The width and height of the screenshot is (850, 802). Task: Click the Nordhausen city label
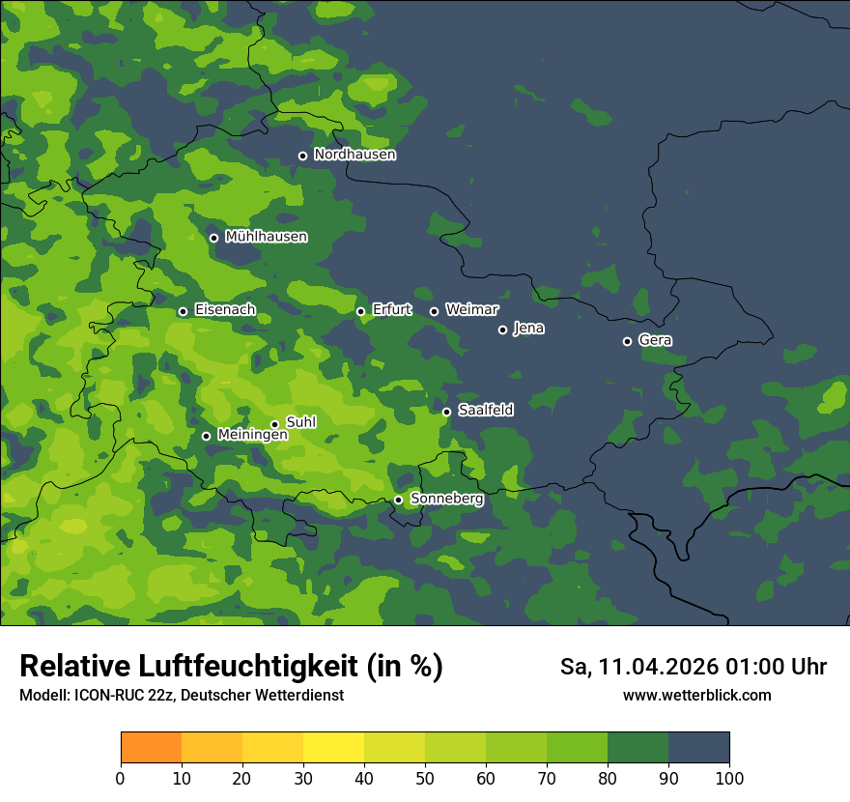pyautogui.click(x=354, y=155)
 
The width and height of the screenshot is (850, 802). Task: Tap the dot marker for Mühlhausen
pyautogui.click(x=213, y=238)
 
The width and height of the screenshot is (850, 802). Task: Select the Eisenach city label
pyautogui.click(x=225, y=310)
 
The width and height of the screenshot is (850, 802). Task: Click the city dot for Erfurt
pyautogui.click(x=360, y=311)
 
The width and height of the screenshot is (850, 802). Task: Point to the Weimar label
pyautogui.click(x=471, y=310)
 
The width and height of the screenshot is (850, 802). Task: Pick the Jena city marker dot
pyautogui.click(x=502, y=329)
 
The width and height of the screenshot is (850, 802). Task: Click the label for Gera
pyautogui.click(x=655, y=340)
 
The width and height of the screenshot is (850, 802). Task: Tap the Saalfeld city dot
pyautogui.click(x=446, y=412)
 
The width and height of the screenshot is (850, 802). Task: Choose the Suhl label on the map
pyautogui.click(x=301, y=422)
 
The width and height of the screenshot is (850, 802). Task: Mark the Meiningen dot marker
pyautogui.click(x=206, y=436)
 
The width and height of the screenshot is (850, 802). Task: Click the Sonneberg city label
pyautogui.click(x=447, y=499)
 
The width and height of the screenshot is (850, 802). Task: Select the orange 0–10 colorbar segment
pyautogui.click(x=151, y=748)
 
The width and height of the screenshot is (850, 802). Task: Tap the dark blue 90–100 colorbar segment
pyautogui.click(x=698, y=748)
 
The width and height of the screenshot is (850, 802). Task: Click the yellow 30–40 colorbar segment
pyautogui.click(x=333, y=748)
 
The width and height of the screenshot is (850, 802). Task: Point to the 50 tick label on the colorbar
pyautogui.click(x=425, y=778)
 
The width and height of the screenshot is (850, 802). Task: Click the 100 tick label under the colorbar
pyautogui.click(x=729, y=778)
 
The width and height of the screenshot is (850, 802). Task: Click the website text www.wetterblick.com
pyautogui.click(x=697, y=695)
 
